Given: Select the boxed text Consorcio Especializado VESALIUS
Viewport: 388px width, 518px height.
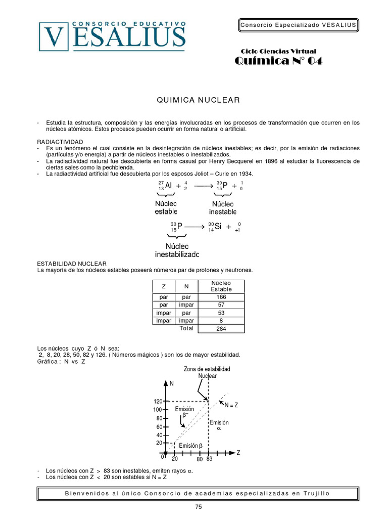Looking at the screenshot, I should [x=298, y=25].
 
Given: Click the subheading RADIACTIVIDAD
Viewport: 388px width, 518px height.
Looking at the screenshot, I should [x=60, y=141].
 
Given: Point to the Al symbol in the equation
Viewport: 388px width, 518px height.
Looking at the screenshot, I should [x=168, y=186].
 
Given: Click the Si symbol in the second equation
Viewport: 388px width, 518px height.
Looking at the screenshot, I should [x=219, y=227].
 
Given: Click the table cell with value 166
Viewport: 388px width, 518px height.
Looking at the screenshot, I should [x=221, y=297].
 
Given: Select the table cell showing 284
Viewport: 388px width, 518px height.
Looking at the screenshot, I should [x=221, y=328].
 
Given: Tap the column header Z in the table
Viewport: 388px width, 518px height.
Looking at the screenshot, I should [x=163, y=286].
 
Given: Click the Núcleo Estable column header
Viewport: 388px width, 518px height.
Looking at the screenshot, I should [x=221, y=286].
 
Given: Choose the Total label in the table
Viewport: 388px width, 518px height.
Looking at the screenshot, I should [x=186, y=328].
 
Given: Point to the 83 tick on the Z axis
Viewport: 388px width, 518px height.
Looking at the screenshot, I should [x=209, y=459].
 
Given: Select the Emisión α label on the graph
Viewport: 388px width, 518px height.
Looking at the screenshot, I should [x=219, y=425].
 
